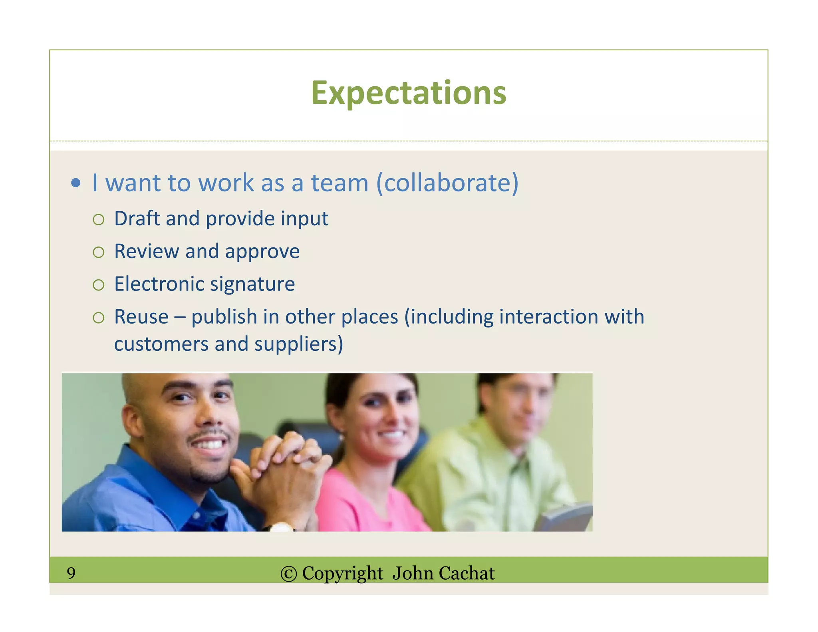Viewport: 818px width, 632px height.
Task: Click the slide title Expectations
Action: (408, 93)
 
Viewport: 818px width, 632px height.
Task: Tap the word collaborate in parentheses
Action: (447, 183)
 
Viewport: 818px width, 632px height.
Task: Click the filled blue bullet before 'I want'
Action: (75, 183)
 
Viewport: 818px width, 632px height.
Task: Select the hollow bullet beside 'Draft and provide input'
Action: (98, 219)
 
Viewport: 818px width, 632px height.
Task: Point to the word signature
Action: (252, 284)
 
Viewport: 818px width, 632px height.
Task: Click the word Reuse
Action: (141, 317)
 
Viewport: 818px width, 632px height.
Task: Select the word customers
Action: (161, 344)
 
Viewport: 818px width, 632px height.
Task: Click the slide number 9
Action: (71, 573)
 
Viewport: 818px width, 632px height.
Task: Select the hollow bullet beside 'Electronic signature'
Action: (98, 285)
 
